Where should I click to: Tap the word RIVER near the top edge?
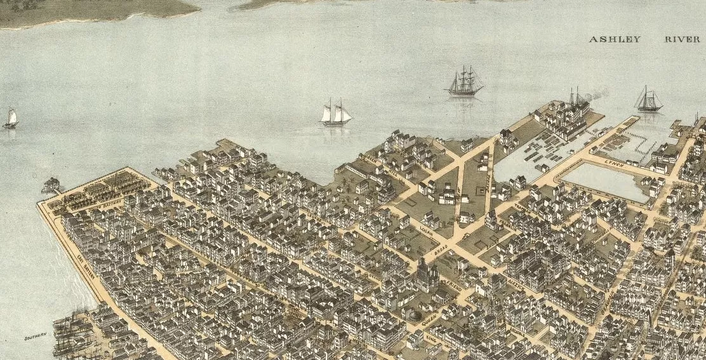click(682, 39)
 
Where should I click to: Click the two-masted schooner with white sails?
click(336, 114)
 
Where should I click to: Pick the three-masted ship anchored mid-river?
click(464, 82)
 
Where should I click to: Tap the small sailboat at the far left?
click(11, 119)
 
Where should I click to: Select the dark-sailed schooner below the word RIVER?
click(648, 100)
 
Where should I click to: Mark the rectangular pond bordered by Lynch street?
click(606, 182)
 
